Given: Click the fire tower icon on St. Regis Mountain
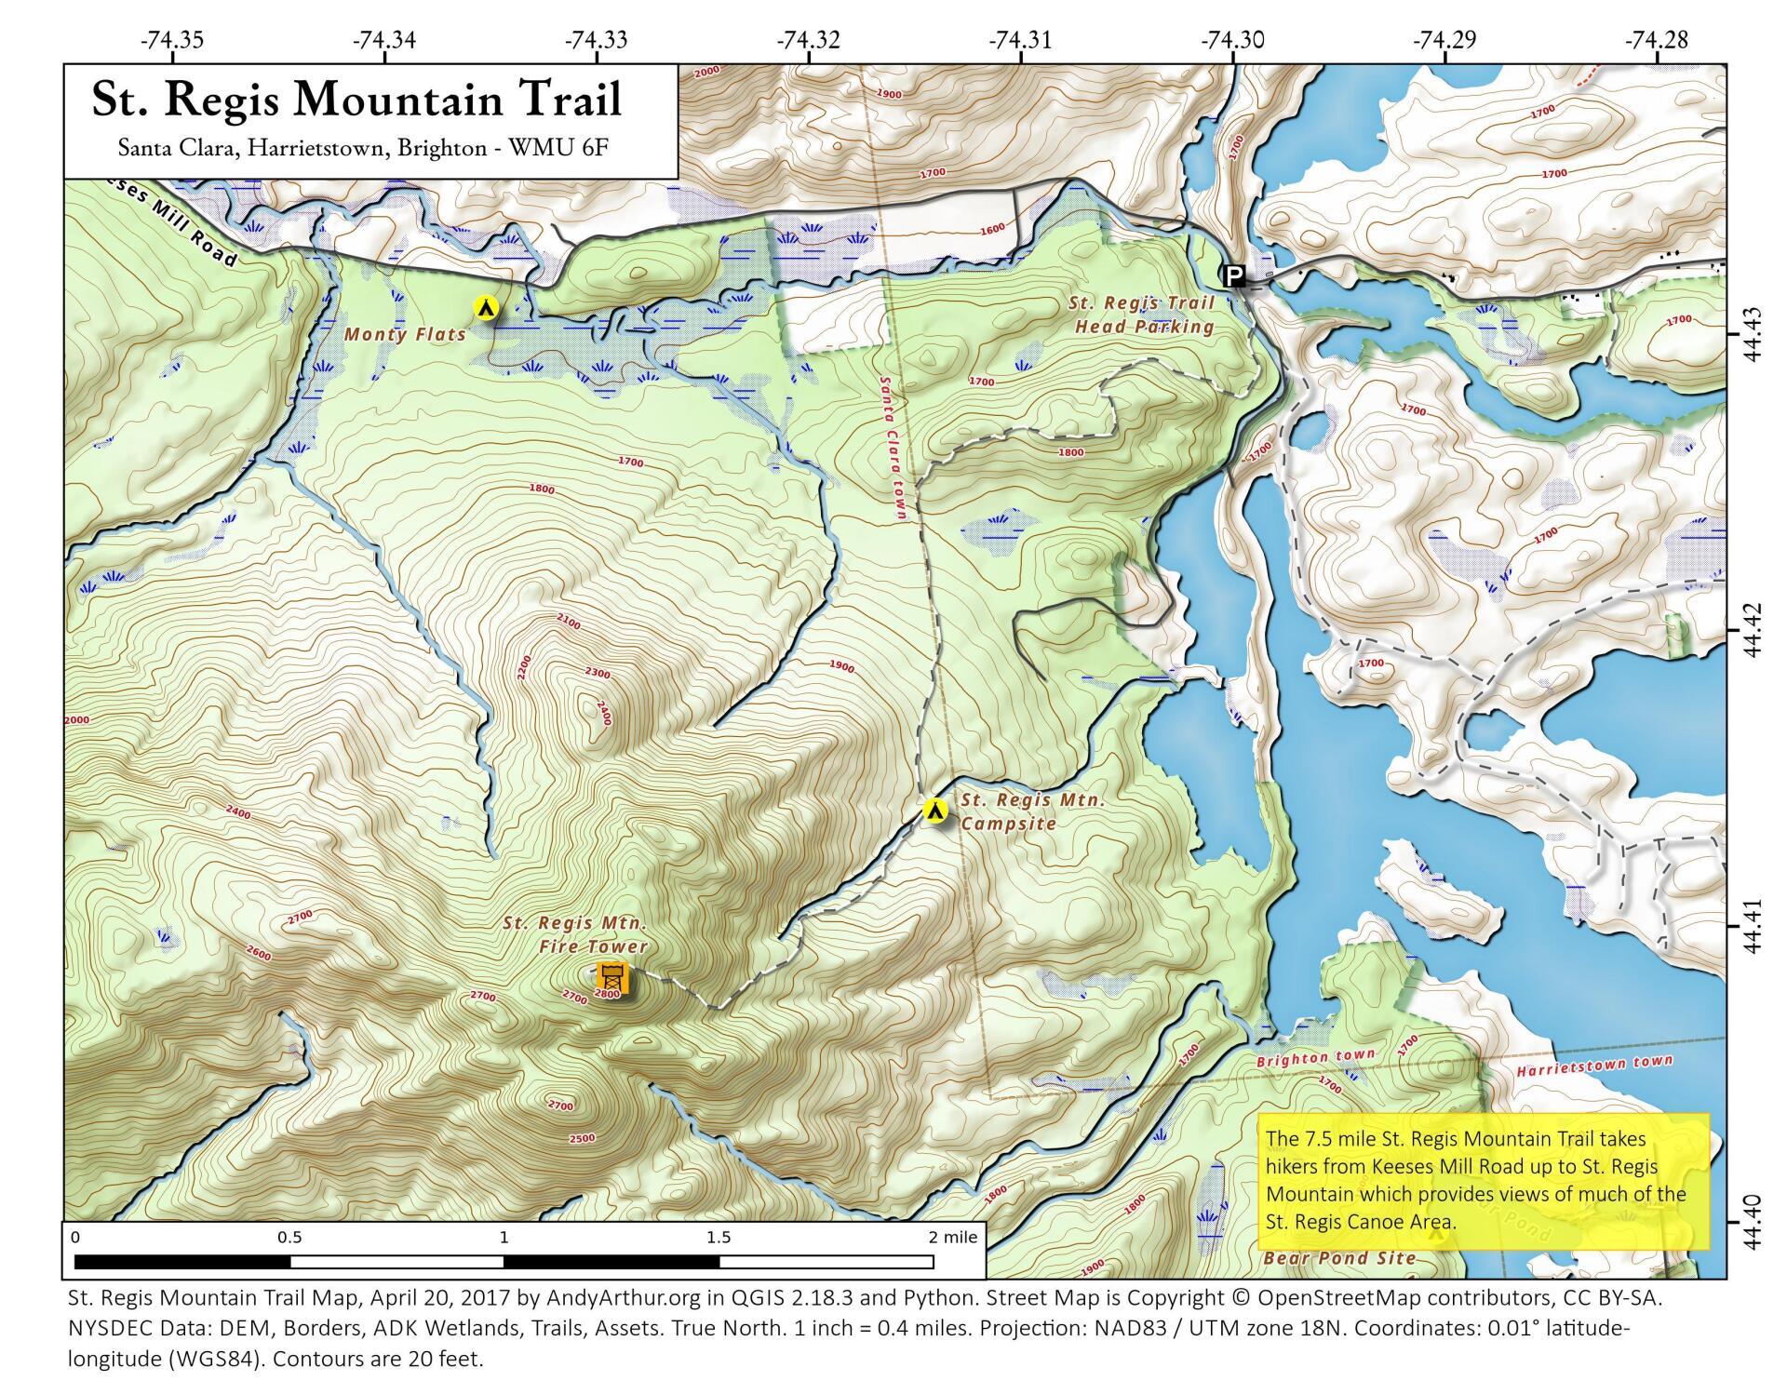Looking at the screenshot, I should (612, 978).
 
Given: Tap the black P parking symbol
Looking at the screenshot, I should (1233, 275).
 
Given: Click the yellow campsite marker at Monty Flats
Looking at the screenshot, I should (485, 306).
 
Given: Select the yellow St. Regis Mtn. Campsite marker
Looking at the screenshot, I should (935, 811).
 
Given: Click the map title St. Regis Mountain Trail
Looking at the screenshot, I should (356, 100).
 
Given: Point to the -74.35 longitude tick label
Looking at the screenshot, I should (171, 40).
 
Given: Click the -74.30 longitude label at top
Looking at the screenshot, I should (1232, 40).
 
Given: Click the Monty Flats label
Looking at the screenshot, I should (405, 334).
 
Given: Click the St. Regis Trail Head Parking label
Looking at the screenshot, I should (1144, 315).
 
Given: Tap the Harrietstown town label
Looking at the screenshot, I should (1594, 1066).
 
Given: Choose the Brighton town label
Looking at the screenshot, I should (1315, 1059).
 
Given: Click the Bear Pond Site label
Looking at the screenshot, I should (1339, 1258).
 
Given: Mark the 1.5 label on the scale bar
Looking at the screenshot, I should (719, 1238).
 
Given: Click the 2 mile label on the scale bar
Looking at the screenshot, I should (953, 1238).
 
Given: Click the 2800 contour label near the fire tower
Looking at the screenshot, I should (606, 994).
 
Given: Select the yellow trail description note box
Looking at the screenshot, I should (1483, 1180).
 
